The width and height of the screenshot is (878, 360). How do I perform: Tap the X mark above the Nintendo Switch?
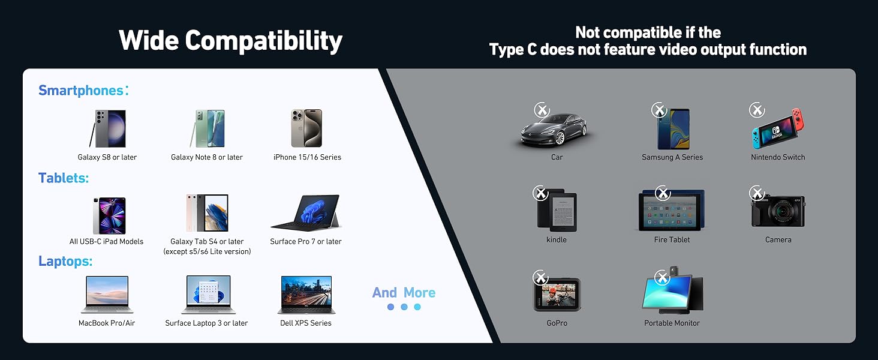[x=757, y=110]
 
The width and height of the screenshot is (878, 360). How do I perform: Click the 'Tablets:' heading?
[x=64, y=178]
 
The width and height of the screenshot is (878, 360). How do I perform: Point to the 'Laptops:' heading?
[x=65, y=262]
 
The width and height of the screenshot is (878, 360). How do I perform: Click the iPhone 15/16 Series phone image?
[x=306, y=128]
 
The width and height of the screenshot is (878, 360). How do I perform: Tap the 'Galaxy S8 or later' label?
[x=107, y=157]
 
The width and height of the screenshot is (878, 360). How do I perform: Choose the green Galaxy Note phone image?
[x=207, y=128]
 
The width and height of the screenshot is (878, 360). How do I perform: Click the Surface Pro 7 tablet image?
[x=306, y=212]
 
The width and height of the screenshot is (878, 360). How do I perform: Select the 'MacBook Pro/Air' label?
[x=107, y=323]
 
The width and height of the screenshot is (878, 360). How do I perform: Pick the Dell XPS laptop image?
[x=306, y=295]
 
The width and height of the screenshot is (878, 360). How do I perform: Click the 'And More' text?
[x=404, y=293]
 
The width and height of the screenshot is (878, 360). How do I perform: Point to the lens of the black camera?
[x=783, y=213]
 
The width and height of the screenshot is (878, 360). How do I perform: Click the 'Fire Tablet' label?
[x=672, y=239]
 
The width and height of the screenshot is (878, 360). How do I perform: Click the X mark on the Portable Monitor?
[x=662, y=278]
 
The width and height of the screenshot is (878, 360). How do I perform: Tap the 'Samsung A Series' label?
[x=672, y=157]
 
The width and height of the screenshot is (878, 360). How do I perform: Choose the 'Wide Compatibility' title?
[x=230, y=41]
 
